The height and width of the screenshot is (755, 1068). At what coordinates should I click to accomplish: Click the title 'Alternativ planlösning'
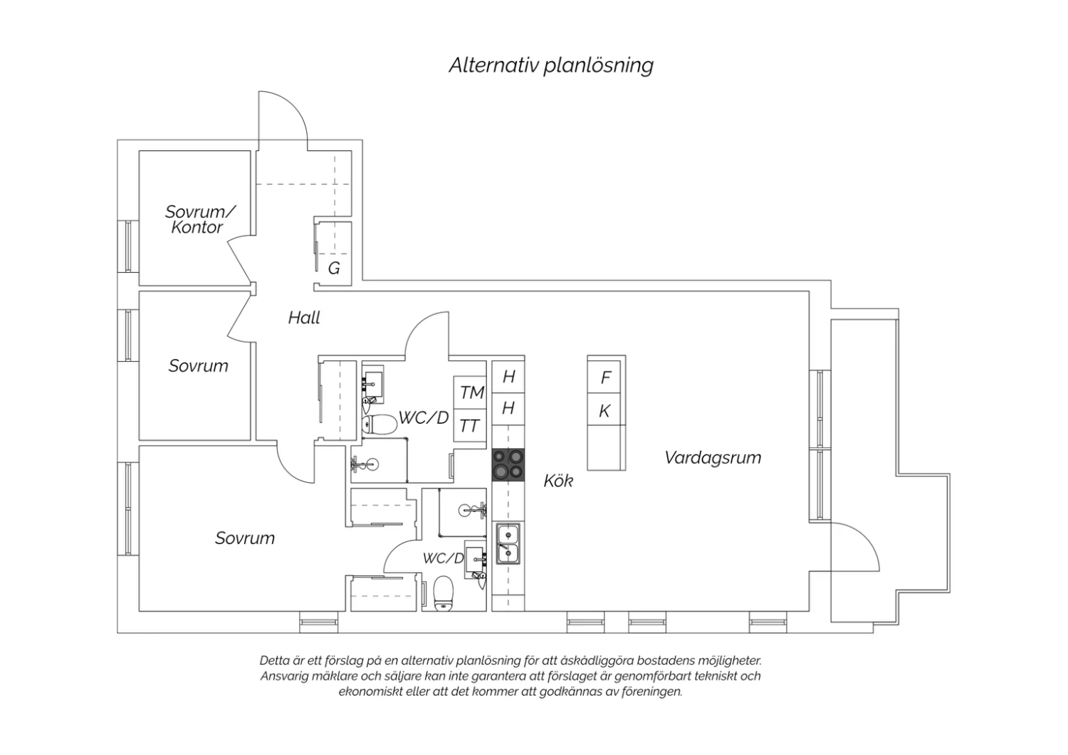point(550,66)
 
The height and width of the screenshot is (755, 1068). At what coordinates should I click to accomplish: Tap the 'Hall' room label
point(304,318)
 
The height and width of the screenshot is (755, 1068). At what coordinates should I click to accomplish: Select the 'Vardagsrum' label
point(713,458)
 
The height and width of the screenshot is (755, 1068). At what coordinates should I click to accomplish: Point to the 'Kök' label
point(558,481)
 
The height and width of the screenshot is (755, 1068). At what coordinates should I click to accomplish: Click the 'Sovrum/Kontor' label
point(200,219)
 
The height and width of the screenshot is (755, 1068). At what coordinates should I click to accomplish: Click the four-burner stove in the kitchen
point(508,464)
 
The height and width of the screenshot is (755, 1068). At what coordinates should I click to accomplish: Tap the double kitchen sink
point(508,543)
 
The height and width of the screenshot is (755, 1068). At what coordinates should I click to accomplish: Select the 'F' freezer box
point(606,377)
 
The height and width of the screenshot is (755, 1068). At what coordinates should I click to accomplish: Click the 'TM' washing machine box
point(470,392)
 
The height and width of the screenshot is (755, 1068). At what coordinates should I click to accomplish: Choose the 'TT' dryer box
point(470,425)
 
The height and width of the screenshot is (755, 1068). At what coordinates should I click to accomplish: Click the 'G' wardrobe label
point(334,269)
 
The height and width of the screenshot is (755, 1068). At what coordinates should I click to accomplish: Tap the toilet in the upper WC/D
point(379,424)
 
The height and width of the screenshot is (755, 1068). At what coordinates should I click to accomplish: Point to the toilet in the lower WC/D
point(444,593)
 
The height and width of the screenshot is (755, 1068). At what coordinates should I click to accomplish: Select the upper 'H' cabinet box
point(508,377)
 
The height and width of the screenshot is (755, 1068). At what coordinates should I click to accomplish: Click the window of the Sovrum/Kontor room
point(127,246)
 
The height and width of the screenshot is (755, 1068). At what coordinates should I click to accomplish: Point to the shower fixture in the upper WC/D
point(366,464)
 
